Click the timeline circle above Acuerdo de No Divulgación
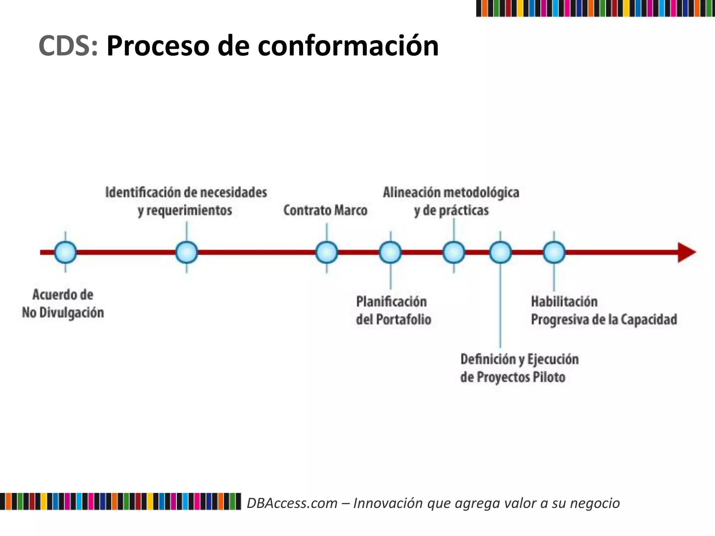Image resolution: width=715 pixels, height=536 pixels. (x=65, y=252)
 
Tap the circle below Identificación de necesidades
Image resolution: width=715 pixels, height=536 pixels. (x=186, y=252)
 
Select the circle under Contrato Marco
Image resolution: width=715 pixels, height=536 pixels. (x=326, y=252)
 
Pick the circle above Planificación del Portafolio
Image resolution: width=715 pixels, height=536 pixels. (x=390, y=252)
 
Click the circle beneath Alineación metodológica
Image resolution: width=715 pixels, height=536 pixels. (x=454, y=252)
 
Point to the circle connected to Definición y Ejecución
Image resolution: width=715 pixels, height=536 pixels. (x=500, y=252)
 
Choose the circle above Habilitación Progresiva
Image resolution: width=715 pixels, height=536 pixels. (x=554, y=252)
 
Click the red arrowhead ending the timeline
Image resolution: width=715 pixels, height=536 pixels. (x=686, y=252)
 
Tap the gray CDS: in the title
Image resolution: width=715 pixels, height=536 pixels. (x=68, y=46)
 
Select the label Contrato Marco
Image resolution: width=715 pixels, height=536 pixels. (x=325, y=210)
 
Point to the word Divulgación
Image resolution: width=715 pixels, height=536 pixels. (x=72, y=313)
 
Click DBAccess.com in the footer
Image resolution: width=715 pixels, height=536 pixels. (x=292, y=503)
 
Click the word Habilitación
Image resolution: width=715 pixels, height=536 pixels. (x=564, y=301)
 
